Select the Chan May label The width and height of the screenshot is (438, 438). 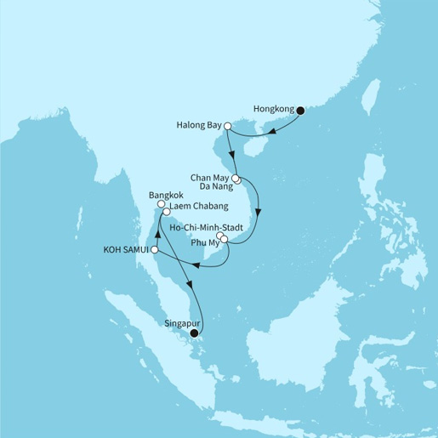point(208,179)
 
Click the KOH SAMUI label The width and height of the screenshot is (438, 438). point(124,250)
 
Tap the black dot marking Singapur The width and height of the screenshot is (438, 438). point(195,333)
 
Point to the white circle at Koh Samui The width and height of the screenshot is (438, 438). point(154,250)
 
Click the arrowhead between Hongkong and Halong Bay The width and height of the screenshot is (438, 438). point(270,131)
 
